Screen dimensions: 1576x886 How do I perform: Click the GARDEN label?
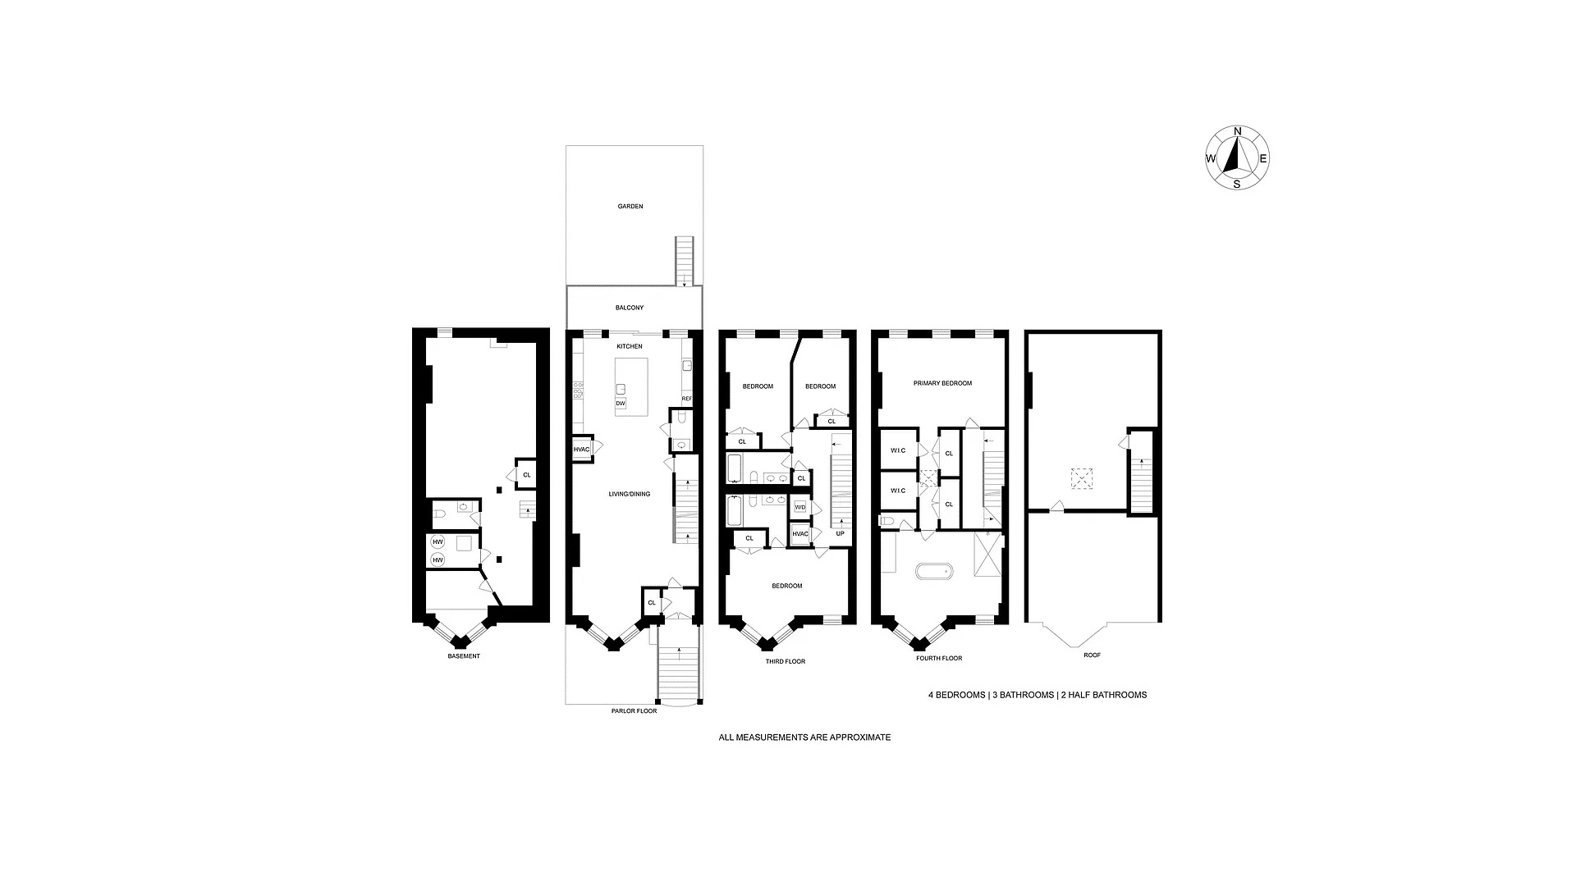630,207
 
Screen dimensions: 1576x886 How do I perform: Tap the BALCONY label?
630,308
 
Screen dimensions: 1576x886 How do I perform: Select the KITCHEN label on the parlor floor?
630,346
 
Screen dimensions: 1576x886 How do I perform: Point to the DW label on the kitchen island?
621,404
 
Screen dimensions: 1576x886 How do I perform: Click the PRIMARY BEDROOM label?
942,383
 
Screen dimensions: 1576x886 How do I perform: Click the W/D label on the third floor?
800,508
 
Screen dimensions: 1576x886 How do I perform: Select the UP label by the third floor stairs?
840,533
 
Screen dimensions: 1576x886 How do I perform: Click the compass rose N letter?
1238,131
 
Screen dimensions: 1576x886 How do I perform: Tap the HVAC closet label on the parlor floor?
581,449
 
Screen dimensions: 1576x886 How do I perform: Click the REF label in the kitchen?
687,399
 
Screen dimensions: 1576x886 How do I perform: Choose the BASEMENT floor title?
464,656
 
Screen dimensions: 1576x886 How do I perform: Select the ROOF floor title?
1092,655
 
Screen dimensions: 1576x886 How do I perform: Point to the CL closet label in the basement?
527,475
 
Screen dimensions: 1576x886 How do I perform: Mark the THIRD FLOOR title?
786,661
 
